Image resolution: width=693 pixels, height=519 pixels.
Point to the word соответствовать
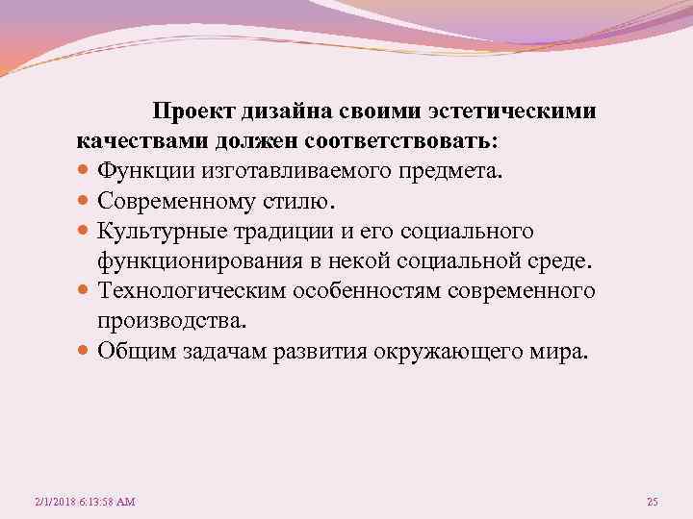399,141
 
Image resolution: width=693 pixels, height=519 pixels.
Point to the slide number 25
653,503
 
